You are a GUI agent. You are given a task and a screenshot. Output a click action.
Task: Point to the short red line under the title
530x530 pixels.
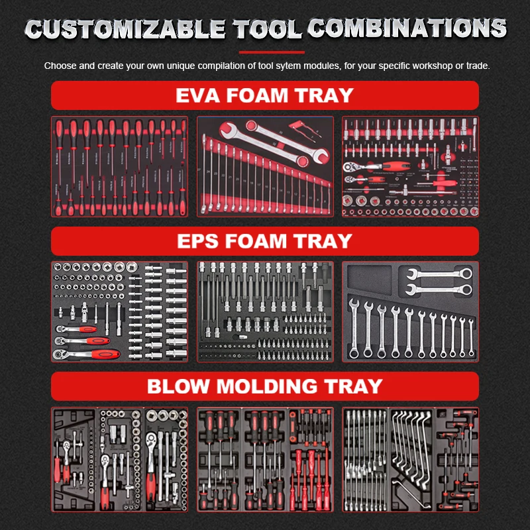[x=272, y=52]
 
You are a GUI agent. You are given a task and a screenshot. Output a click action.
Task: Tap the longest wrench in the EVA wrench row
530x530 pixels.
[x=207, y=174]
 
